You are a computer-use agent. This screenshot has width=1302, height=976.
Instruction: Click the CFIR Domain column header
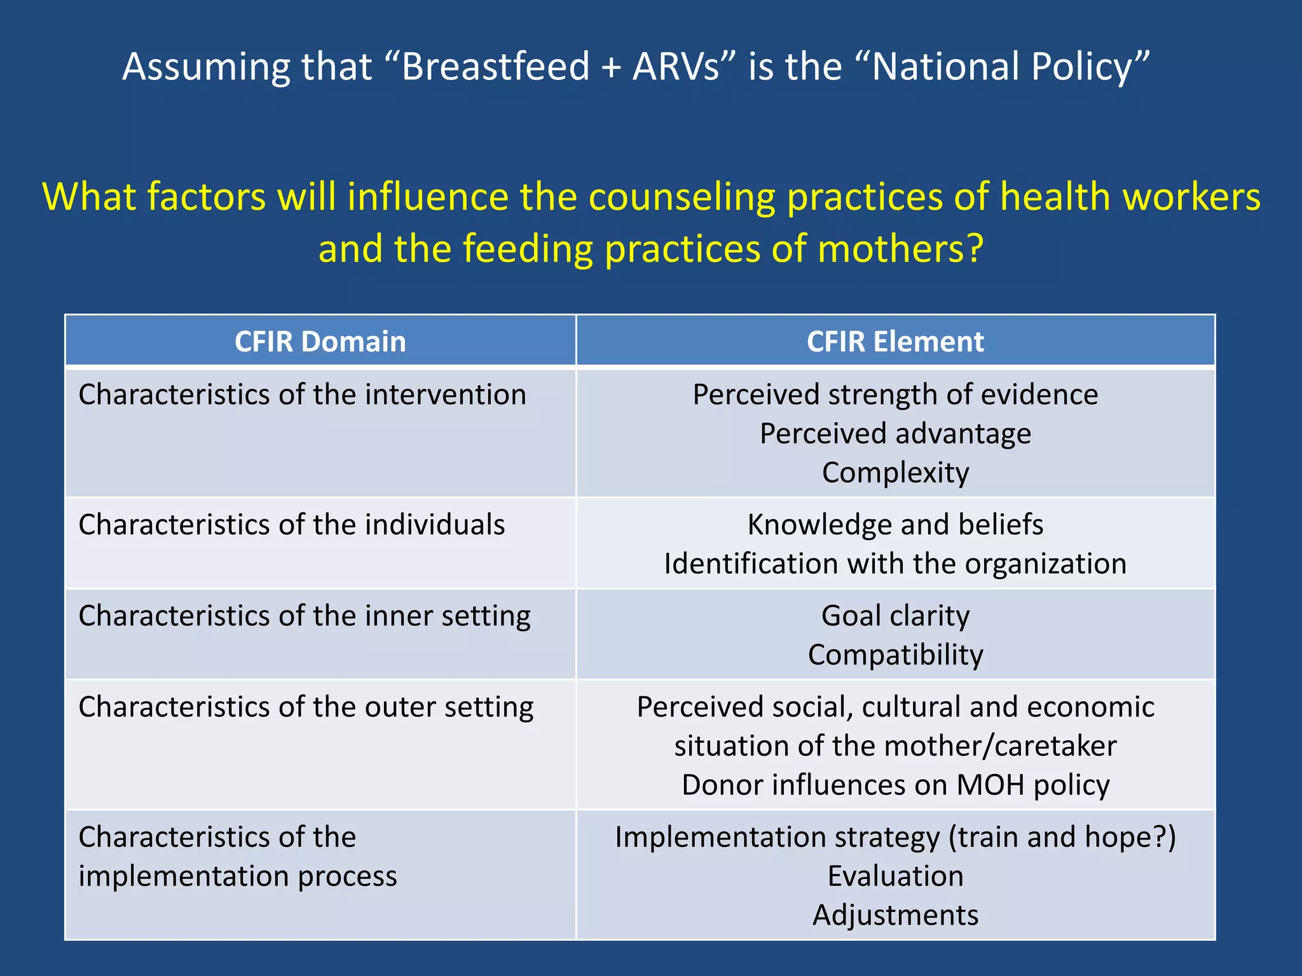pyautogui.click(x=320, y=341)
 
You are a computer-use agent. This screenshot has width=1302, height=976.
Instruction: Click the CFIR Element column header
pyautogui.click(x=895, y=341)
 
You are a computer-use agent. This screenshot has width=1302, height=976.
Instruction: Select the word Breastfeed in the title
pyautogui.click(x=496, y=66)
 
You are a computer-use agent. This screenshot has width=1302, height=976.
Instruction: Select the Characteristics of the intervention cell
pyautogui.click(x=302, y=395)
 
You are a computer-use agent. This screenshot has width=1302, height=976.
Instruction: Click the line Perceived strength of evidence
pyautogui.click(x=895, y=395)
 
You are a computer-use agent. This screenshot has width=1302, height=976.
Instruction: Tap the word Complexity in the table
pyautogui.click(x=895, y=473)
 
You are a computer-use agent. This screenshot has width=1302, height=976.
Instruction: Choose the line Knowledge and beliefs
pyautogui.click(x=895, y=525)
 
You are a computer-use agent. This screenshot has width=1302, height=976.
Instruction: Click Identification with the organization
pyautogui.click(x=895, y=564)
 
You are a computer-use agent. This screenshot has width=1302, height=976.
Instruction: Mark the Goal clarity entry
pyautogui.click(x=895, y=616)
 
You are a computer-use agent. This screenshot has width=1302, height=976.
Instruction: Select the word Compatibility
pyautogui.click(x=895, y=655)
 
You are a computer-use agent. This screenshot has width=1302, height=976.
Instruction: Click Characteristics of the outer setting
pyautogui.click(x=306, y=707)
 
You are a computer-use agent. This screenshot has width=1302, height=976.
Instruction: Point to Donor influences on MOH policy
pyautogui.click(x=895, y=785)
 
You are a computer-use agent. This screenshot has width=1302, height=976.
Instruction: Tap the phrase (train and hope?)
pyautogui.click(x=1062, y=837)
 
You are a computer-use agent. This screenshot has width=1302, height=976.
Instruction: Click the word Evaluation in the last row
pyautogui.click(x=895, y=876)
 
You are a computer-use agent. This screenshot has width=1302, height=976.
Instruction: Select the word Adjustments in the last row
pyautogui.click(x=895, y=916)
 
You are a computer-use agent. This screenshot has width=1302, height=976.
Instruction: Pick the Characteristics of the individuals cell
pyautogui.click(x=291, y=525)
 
